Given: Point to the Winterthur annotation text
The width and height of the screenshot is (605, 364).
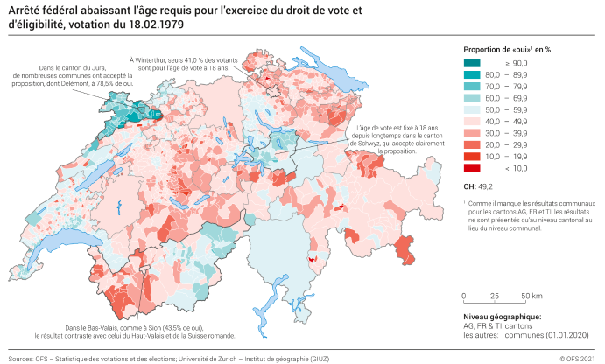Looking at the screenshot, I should click(179, 62).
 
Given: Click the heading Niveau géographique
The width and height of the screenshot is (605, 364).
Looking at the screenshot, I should click(502, 316).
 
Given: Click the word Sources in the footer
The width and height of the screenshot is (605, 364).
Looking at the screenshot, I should click(21, 358).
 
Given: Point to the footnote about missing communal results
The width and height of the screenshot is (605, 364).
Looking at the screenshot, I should click(525, 214).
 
